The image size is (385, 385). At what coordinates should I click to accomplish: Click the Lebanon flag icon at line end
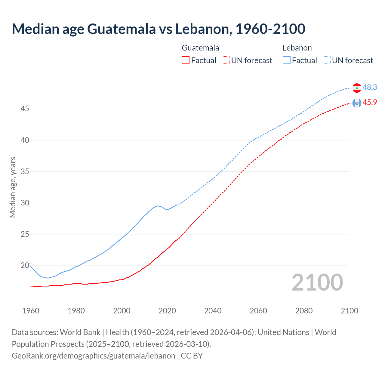click(357, 88)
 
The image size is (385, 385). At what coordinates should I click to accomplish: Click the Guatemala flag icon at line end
click(357, 103)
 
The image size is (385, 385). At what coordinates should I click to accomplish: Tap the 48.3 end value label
click(370, 87)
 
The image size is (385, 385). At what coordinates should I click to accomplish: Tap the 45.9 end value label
click(370, 103)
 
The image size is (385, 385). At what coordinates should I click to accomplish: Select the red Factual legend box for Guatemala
click(186, 60)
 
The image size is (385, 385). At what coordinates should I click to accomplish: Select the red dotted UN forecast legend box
click(226, 60)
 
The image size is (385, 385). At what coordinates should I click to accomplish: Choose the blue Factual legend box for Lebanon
click(287, 60)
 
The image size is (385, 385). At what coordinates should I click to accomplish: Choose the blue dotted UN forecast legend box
click(326, 60)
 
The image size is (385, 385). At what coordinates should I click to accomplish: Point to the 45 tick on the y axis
click(25, 109)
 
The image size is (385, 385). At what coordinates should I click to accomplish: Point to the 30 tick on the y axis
click(25, 203)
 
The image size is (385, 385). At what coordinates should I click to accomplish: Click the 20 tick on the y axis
click(25, 265)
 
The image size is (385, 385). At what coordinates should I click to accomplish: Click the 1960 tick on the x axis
click(31, 311)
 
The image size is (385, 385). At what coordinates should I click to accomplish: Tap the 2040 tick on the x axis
click(213, 311)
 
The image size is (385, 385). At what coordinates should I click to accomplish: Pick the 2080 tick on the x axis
click(304, 311)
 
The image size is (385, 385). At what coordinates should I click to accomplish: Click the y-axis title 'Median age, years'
click(13, 187)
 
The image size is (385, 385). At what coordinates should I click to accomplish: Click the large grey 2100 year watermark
click(317, 282)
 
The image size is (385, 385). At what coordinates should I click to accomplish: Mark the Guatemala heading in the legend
click(200, 48)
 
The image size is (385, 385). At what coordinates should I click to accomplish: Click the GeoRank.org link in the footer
click(93, 356)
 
